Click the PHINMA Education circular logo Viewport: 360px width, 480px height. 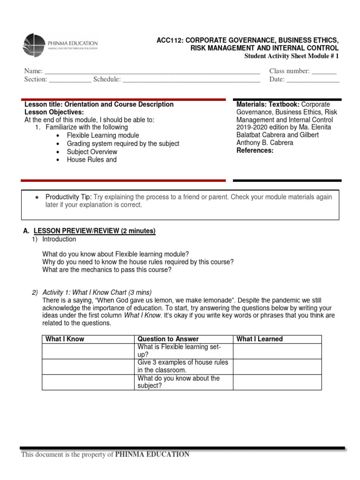34,45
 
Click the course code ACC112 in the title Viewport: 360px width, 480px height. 168,40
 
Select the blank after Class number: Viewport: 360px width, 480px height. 324,72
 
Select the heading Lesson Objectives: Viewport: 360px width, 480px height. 54,112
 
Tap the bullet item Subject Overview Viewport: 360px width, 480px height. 92,152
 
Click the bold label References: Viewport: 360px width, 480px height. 255,150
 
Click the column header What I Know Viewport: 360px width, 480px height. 65,339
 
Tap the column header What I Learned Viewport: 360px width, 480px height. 259,339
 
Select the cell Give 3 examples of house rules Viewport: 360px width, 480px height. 183,366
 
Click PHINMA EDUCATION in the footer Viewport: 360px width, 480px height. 152,454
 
